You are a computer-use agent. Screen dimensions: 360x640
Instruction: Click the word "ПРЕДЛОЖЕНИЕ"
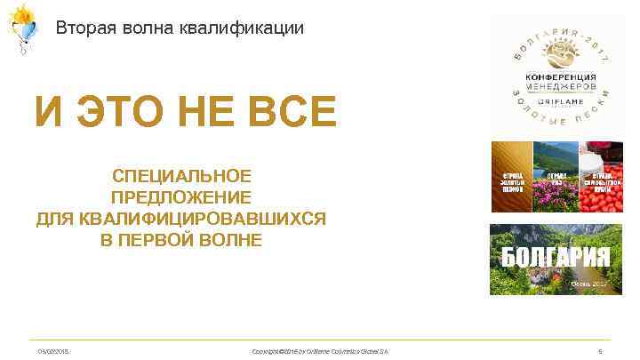[x=181, y=197]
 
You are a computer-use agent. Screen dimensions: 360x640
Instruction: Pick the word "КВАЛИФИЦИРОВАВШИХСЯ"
[x=181, y=219]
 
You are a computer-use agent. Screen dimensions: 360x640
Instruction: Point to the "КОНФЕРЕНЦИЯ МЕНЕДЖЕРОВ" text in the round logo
[x=556, y=83]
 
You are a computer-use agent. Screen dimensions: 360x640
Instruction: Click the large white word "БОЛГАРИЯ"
[x=556, y=258]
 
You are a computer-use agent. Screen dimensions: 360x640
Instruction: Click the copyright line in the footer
[x=321, y=352]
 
